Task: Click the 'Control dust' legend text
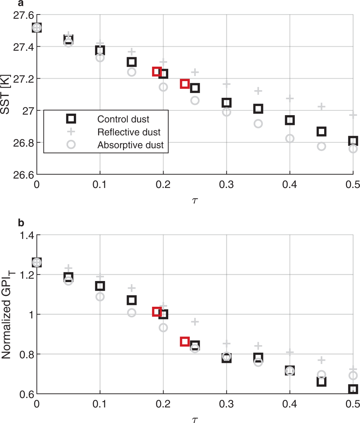[x=123, y=119]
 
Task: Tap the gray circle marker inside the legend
[x=71, y=145]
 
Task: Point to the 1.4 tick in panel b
[x=27, y=235]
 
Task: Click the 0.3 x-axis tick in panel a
[x=226, y=185]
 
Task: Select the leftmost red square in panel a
[x=157, y=71]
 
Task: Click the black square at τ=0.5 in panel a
[x=353, y=141]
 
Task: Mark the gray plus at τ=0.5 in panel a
[x=353, y=115]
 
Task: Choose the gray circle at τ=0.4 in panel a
[x=289, y=138]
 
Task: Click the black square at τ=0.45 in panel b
[x=321, y=381]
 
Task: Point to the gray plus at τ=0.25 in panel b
[x=195, y=322]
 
